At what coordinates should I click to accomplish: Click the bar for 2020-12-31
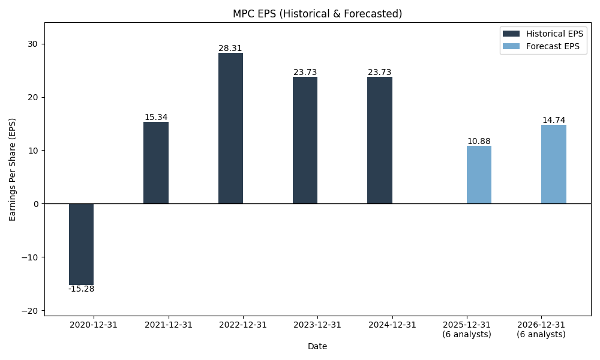tap(81, 244)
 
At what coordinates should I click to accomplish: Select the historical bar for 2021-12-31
tap(156, 163)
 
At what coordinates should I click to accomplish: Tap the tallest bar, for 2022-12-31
tap(230, 128)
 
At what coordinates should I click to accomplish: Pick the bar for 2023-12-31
tap(305, 140)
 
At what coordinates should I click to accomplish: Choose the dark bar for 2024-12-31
tap(379, 140)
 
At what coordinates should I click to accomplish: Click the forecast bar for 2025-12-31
tap(479, 175)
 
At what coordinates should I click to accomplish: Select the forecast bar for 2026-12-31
tap(553, 164)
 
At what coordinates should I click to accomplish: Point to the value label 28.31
tap(230, 49)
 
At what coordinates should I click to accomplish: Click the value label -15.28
tap(81, 289)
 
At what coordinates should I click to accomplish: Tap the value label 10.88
tap(479, 142)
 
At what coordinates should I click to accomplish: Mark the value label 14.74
tap(553, 121)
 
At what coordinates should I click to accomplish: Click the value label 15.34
tap(156, 118)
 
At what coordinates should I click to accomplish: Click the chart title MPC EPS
tap(317, 14)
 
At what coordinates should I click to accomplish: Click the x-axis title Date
tap(317, 346)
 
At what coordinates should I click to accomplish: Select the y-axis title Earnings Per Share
tap(13, 169)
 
